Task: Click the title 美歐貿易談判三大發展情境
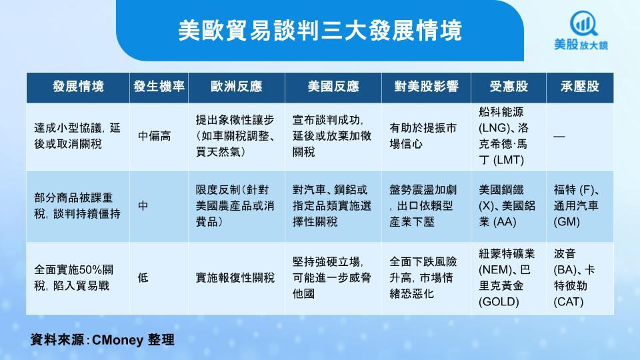320,31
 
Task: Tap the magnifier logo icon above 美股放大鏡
583,24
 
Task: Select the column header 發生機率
159,87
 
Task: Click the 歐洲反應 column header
236,87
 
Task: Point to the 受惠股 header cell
509,87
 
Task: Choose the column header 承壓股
579,87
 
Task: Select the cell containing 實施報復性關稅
235,278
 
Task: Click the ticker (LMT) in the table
508,160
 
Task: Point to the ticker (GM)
567,222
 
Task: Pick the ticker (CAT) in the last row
569,302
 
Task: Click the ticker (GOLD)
499,302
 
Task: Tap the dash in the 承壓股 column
559,136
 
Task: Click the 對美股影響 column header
426,87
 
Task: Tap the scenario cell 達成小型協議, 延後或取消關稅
77,136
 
